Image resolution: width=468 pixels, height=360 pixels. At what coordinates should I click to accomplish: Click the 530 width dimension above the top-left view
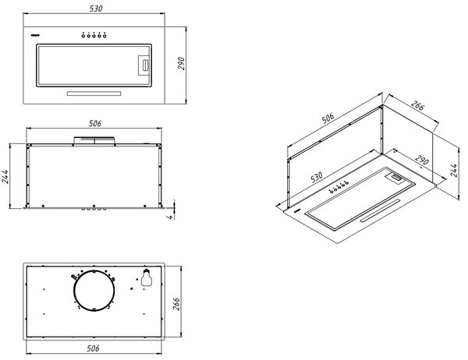(x=96, y=9)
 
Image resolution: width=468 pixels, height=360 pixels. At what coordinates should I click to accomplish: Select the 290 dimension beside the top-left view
(x=181, y=64)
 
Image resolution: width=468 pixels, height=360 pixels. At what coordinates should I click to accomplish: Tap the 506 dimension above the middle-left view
(x=95, y=123)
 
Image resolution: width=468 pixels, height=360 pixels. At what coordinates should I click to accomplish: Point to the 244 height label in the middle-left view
(x=5, y=177)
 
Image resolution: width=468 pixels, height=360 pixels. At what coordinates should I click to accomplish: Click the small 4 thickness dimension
(x=170, y=217)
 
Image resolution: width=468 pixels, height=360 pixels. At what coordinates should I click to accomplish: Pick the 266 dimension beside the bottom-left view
(x=176, y=304)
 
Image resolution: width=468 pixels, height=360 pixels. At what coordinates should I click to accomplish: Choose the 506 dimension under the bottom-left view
(x=93, y=348)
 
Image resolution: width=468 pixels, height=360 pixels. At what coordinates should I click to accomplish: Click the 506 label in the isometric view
(x=328, y=118)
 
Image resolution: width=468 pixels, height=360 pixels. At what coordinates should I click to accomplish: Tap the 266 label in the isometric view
(x=417, y=105)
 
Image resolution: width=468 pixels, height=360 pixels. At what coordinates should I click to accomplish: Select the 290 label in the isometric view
(x=421, y=160)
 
